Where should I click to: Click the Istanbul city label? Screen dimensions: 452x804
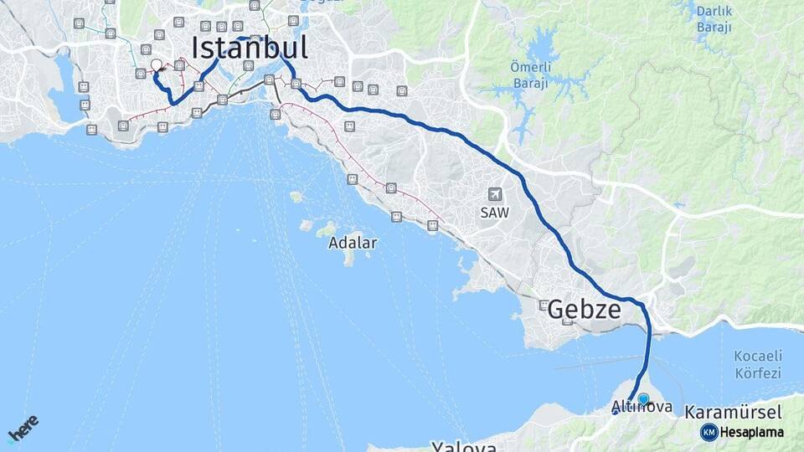coord(250,47)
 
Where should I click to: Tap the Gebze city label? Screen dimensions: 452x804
coord(584,311)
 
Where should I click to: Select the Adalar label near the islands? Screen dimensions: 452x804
coord(353,243)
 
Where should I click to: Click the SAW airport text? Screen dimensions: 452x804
coord(494,213)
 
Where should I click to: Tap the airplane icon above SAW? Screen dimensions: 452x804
coord(494,194)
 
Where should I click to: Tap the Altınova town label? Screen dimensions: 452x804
coord(642,408)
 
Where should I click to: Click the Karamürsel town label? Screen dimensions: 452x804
coord(733,412)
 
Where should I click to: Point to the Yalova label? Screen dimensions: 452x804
coord(464,445)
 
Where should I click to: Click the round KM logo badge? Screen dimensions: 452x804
coord(709,432)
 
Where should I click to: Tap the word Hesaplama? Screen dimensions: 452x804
coord(752,432)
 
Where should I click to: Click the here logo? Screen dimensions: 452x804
coord(23,429)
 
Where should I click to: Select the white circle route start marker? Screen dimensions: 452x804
coord(157,65)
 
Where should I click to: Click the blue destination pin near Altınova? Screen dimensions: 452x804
coord(643,399)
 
